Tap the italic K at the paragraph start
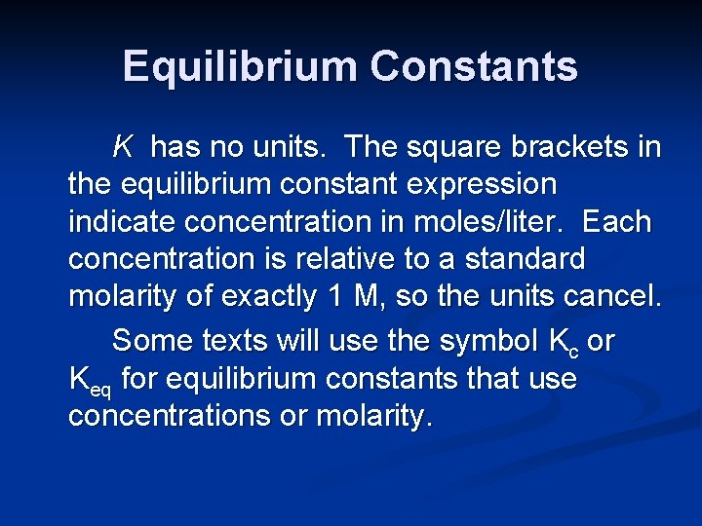click(123, 148)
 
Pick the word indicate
click(120, 222)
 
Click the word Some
click(153, 341)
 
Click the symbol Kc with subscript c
click(564, 343)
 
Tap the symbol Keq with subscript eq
click(90, 381)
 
